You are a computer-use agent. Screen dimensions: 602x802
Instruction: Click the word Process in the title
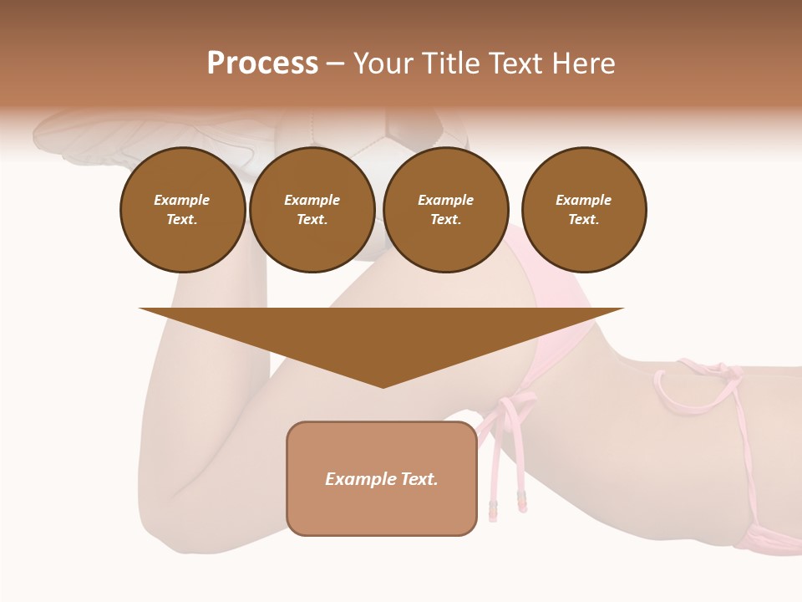262,64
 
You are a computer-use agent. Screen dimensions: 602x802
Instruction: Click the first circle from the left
182,210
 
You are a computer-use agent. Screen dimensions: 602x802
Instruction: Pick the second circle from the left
312,210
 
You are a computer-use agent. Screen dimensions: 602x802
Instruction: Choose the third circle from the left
445,210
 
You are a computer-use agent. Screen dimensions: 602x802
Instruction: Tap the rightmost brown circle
583,210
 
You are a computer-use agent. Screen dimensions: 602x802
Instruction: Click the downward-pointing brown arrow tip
383,380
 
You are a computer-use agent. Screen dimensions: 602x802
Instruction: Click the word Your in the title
380,64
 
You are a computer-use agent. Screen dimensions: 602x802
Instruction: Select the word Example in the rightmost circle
583,200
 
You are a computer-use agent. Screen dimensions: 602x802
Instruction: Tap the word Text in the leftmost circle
182,220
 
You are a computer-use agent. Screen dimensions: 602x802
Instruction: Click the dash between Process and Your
335,64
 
